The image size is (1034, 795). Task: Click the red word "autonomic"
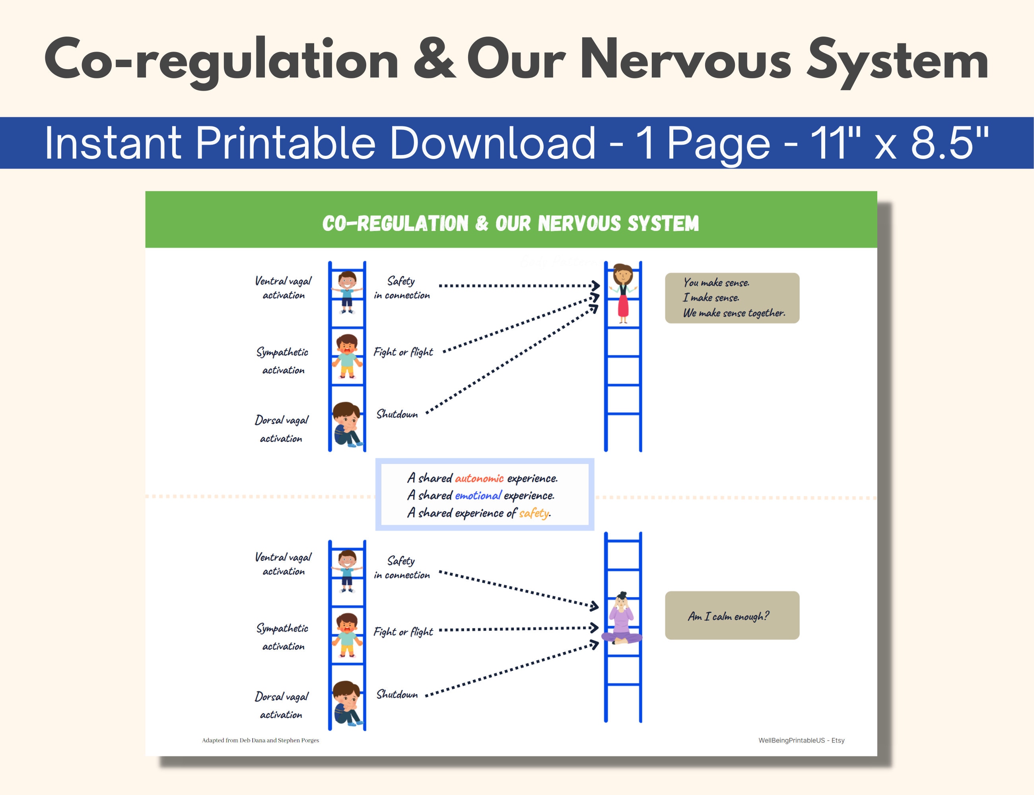(479, 479)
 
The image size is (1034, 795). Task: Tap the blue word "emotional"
(478, 495)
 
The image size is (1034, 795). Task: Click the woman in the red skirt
(623, 293)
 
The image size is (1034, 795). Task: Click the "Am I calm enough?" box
(732, 616)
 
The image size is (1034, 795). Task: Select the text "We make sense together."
(734, 313)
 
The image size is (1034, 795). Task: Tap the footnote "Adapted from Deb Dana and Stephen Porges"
(260, 740)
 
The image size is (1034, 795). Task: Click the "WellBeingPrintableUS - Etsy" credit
(801, 740)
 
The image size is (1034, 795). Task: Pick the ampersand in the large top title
(433, 60)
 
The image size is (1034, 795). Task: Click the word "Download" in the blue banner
(492, 143)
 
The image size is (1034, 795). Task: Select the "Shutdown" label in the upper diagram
(397, 414)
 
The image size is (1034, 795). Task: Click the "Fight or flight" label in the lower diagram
(403, 632)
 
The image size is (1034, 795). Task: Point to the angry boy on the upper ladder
(347, 356)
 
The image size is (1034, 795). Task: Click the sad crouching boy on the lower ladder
(347, 703)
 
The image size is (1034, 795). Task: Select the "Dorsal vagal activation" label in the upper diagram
(281, 429)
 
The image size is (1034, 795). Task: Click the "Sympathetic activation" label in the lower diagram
(283, 637)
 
